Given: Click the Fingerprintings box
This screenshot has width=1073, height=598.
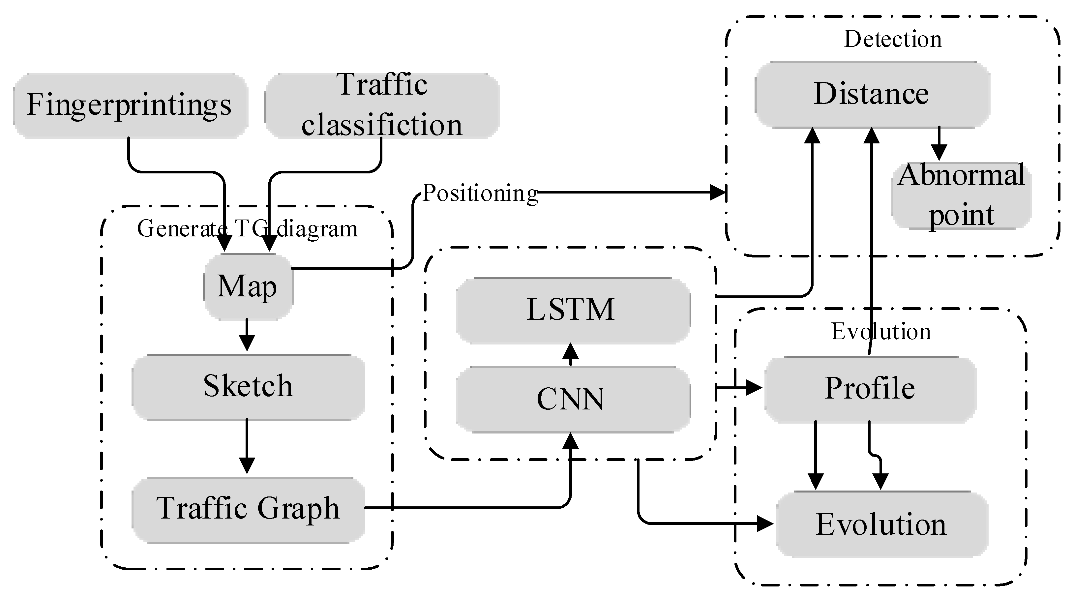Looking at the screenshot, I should [x=130, y=105].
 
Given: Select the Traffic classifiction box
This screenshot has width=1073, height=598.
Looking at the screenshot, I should [x=381, y=105].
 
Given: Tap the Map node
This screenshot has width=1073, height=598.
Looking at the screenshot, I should [x=248, y=286].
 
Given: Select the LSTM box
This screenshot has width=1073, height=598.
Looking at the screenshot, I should [x=572, y=310].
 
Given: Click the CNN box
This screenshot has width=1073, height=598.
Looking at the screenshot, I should [x=572, y=399].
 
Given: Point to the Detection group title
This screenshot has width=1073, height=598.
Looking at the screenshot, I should [x=892, y=39].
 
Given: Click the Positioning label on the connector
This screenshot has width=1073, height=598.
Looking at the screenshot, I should [x=480, y=193].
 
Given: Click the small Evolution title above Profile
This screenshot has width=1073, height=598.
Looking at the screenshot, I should [x=880, y=332].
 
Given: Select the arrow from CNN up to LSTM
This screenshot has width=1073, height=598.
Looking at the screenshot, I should [x=570, y=354].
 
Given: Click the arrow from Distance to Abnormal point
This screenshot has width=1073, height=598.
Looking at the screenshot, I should [x=939, y=144].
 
